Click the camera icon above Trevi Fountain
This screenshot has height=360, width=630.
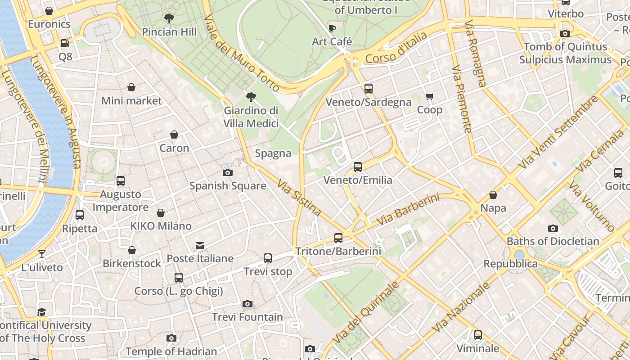(247, 304)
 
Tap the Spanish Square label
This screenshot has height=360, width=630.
(228, 186)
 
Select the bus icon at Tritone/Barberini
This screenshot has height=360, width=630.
(338, 238)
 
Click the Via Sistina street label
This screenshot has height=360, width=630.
(299, 198)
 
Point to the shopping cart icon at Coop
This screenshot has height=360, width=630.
(429, 97)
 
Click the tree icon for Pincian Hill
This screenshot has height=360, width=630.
(169, 18)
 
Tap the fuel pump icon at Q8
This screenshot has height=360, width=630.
(65, 43)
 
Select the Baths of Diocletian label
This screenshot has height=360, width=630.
(553, 241)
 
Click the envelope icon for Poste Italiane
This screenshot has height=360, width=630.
(200, 246)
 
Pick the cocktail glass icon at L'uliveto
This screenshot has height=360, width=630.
(42, 254)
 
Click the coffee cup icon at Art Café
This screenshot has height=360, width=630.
(332, 29)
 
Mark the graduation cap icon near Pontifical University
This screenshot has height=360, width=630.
(42, 312)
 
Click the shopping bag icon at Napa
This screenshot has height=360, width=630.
(493, 195)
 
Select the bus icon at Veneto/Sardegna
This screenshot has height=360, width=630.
(369, 89)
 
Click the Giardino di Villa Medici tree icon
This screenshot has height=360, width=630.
(251, 97)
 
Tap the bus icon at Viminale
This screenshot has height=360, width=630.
(478, 335)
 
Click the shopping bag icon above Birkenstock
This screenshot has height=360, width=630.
(132, 250)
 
